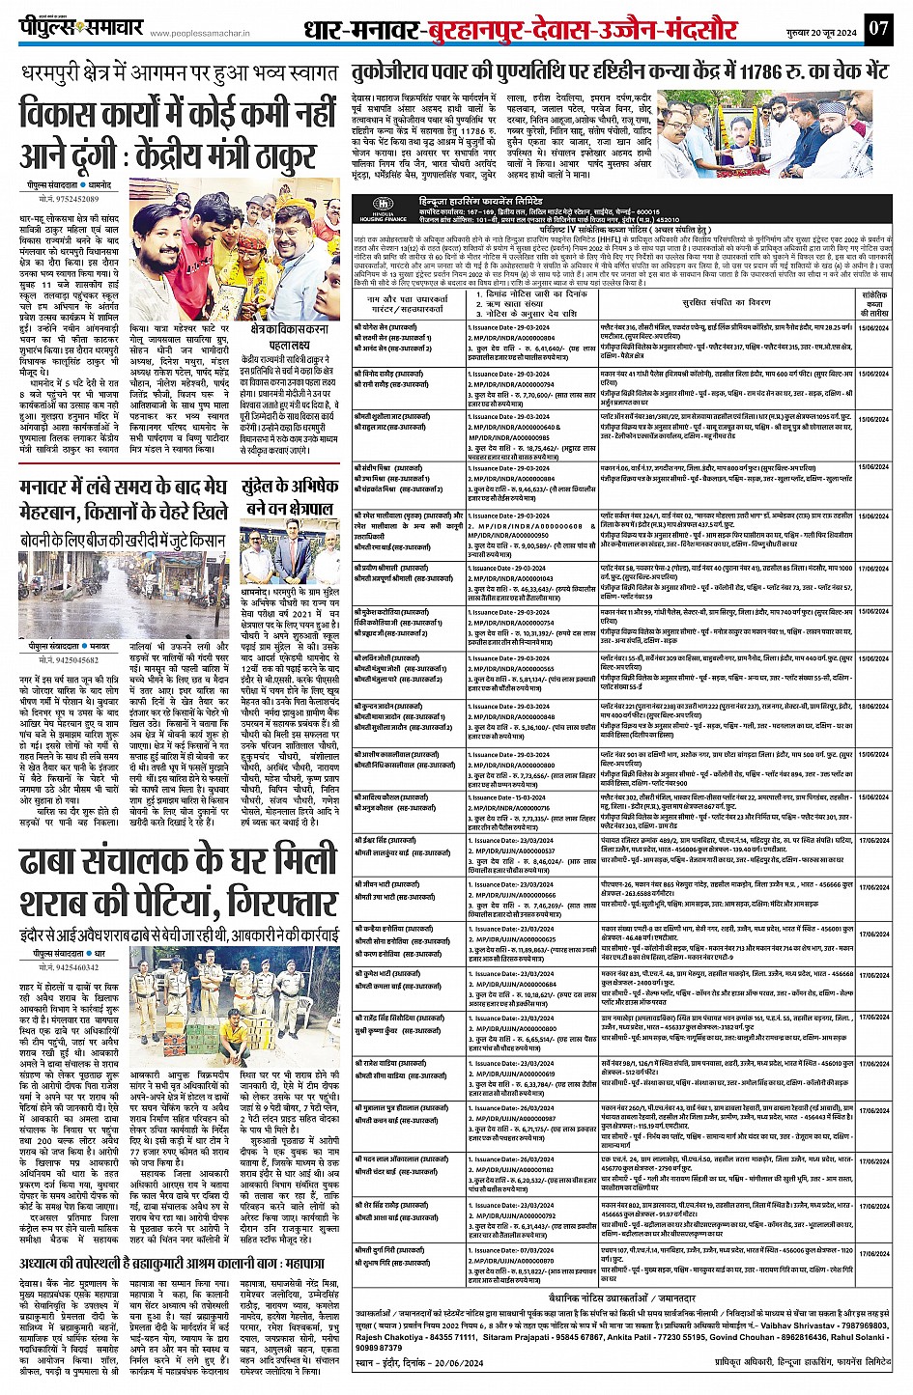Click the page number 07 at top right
click(877, 29)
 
